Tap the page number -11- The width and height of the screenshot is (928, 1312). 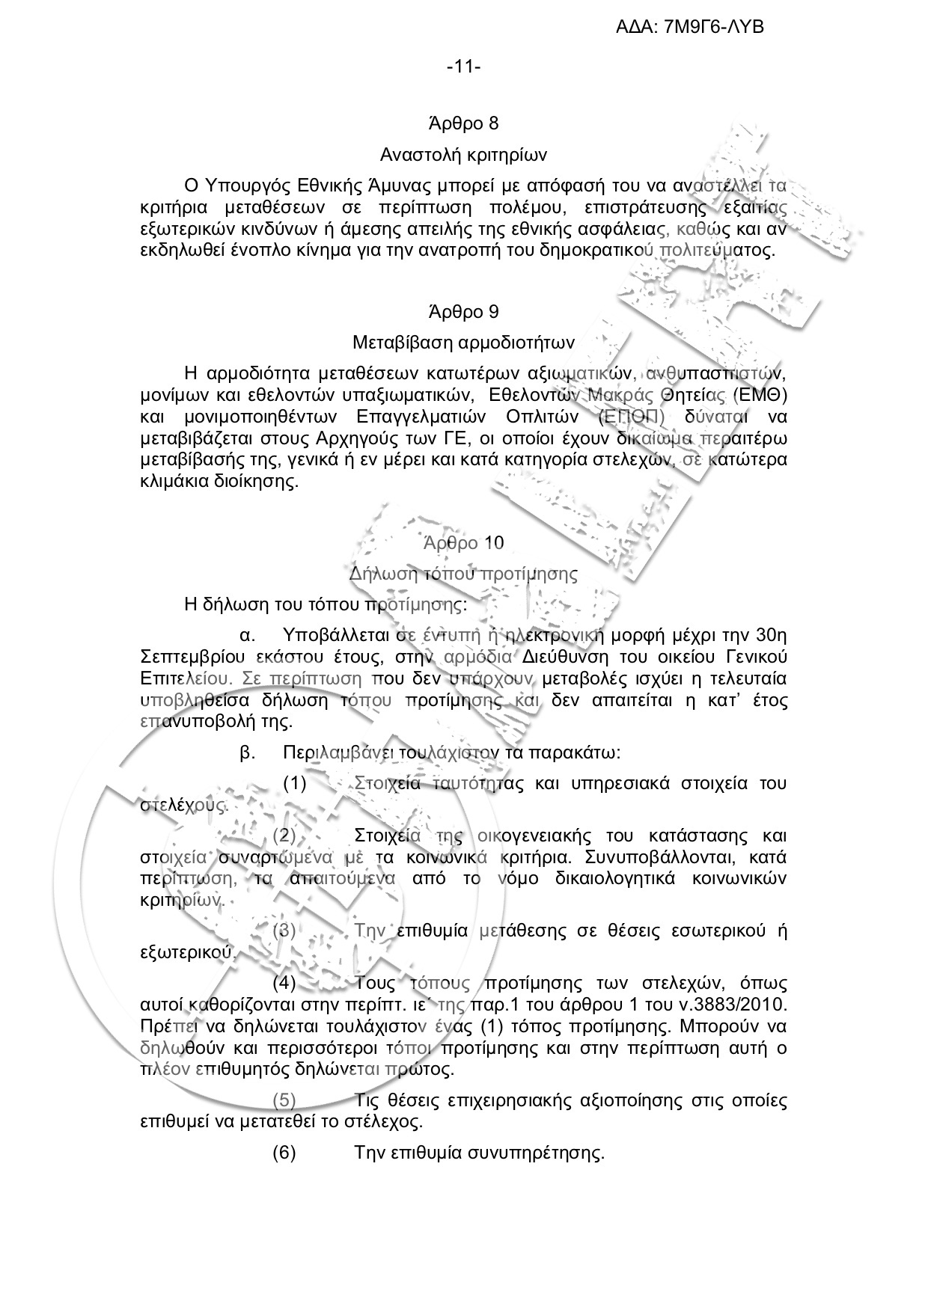pos(463,67)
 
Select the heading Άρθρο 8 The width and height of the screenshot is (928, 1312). pos(463,123)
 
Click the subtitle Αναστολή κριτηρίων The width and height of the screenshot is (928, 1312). pos(463,156)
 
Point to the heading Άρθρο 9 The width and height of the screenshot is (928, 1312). pos(463,311)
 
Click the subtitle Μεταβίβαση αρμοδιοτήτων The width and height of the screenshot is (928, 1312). pos(463,343)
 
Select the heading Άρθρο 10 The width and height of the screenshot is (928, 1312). pos(463,542)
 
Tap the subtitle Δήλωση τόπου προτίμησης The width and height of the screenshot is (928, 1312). pos(463,574)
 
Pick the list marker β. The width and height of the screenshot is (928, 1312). pos(248,752)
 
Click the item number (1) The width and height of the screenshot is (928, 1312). pos(295,784)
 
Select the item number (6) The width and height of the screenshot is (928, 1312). pos(284,1153)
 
